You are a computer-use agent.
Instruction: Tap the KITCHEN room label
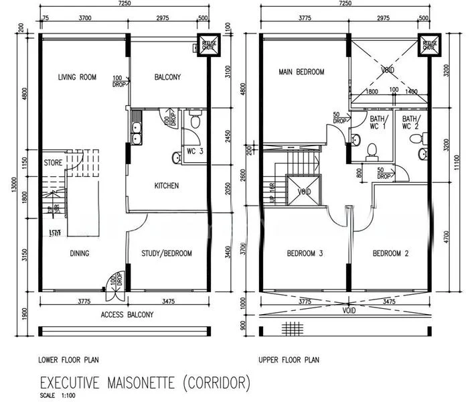pos(166,186)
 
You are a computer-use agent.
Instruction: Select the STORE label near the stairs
pos(54,163)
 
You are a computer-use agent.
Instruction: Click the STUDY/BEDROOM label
pos(167,253)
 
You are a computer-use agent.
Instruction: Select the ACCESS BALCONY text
pos(127,314)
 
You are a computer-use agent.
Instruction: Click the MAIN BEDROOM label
pos(301,72)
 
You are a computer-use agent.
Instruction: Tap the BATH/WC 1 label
pos(378,123)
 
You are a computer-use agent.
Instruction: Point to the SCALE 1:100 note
pos(58,395)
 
